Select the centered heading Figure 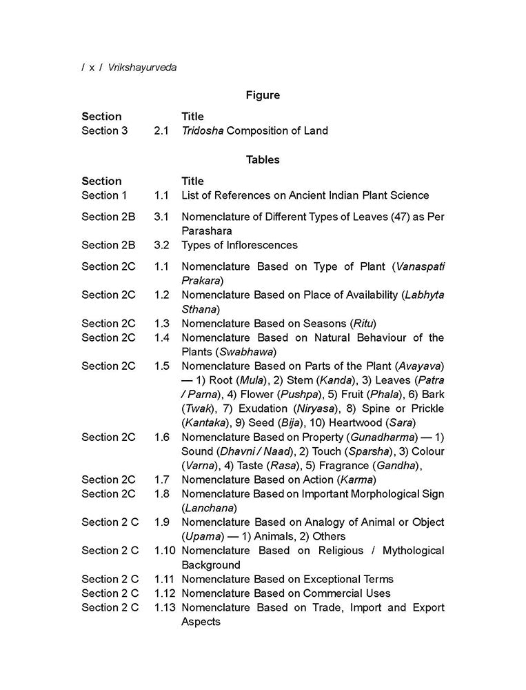coord(263,95)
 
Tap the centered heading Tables coord(263,159)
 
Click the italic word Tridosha coord(202,130)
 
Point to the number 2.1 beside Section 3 coord(161,130)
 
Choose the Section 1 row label coord(104,195)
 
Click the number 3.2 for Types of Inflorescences coord(161,245)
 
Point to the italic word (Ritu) coord(363,323)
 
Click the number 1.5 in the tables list coord(161,366)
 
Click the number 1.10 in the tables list coord(164,551)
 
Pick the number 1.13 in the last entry coord(164,607)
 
